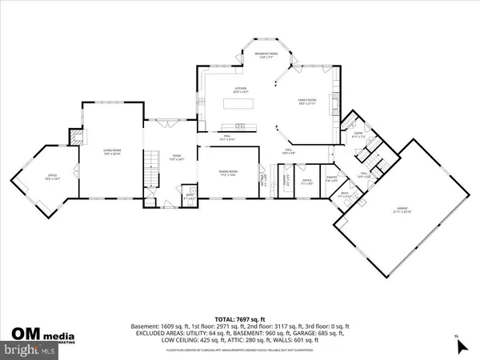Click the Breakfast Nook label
(264, 55)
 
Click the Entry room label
(359, 136)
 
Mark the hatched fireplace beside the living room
(75, 137)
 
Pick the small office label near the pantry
(306, 181)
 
